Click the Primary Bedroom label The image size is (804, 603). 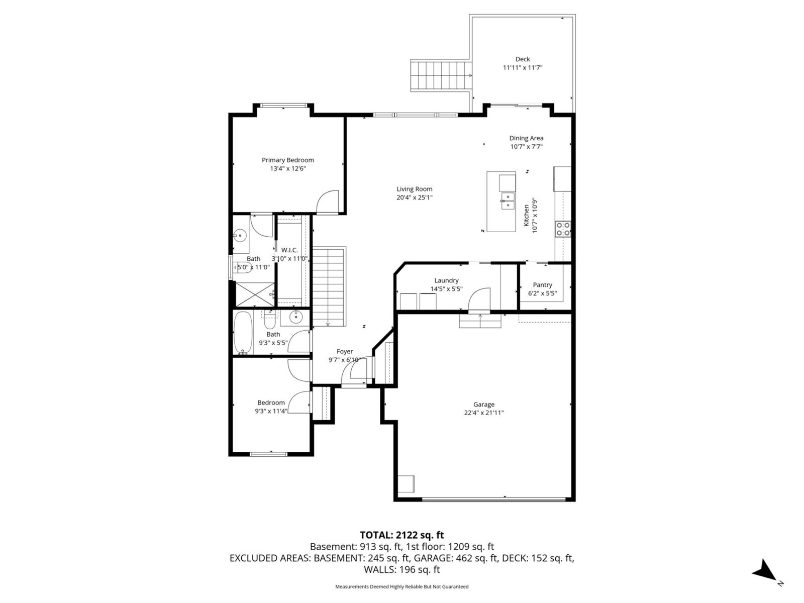[287, 160]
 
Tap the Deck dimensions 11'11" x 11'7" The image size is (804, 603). [523, 67]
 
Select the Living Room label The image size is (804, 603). [414, 189]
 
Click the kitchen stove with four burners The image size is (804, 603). [563, 229]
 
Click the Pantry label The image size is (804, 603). [542, 285]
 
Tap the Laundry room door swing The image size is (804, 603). [479, 299]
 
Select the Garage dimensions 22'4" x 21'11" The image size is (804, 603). [483, 413]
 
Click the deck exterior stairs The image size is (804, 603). [441, 75]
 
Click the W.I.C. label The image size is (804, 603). [289, 250]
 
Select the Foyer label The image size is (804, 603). [345, 351]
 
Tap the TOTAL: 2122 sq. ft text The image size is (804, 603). [401, 535]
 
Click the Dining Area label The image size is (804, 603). [526, 138]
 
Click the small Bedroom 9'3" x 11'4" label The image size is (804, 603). [271, 403]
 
